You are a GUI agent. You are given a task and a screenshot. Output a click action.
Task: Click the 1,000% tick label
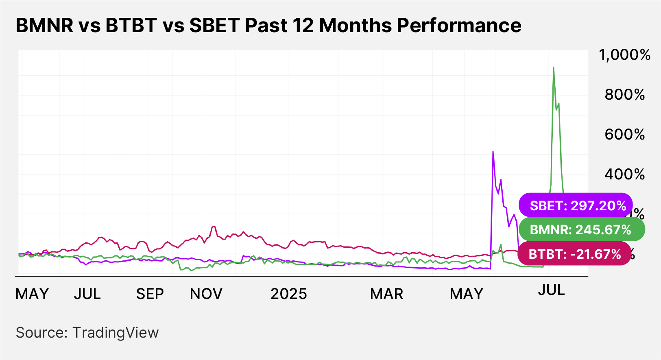point(624,55)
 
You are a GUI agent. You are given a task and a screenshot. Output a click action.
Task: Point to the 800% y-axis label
point(624,95)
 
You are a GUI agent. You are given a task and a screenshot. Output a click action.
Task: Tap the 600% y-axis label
point(624,135)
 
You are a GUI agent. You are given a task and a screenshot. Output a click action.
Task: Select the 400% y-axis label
point(624,175)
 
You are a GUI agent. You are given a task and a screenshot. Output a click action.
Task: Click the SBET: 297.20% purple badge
point(576,205)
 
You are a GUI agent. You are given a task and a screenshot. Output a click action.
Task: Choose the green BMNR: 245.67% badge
point(581,230)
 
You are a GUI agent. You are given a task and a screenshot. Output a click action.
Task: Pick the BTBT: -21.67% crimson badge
point(574,254)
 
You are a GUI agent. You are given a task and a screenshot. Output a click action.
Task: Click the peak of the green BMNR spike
point(554,68)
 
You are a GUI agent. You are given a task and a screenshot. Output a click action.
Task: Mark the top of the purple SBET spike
point(493,152)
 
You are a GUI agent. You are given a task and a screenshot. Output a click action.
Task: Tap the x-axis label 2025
point(288,294)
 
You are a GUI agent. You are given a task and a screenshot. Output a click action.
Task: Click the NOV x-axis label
point(206,294)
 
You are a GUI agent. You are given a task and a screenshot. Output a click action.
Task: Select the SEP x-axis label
point(150,294)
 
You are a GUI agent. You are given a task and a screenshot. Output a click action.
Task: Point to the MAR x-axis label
point(386,294)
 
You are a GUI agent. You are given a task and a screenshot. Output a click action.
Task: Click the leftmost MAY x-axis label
point(32,294)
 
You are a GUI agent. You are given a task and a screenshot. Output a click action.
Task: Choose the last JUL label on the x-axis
point(551,290)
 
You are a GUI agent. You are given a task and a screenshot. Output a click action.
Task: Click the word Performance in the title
point(459,25)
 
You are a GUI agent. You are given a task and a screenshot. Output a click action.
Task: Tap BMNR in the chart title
point(45,25)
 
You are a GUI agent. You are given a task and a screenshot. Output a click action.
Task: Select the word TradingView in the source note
point(116,333)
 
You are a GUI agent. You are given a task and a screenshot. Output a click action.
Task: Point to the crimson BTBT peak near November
point(214,227)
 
